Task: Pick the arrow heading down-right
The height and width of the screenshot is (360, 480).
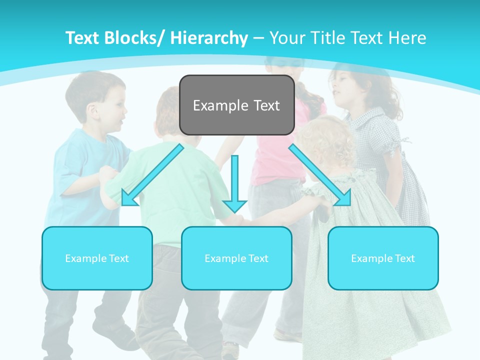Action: (x=320, y=175)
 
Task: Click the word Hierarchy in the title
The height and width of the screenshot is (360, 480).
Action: (x=209, y=38)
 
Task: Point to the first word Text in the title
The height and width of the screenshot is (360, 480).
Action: (x=83, y=38)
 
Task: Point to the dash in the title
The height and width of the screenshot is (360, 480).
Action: (x=258, y=38)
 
